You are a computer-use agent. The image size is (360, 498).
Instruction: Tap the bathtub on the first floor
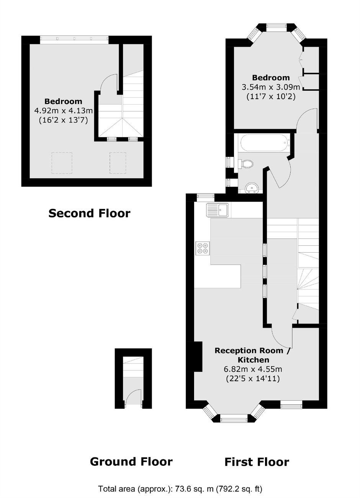click(265, 142)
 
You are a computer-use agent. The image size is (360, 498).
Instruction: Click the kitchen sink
click(217, 210)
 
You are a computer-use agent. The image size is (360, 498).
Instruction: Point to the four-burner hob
click(203, 248)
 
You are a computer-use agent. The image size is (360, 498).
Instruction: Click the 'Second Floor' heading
click(89, 213)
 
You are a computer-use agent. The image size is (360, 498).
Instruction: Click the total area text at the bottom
click(180, 489)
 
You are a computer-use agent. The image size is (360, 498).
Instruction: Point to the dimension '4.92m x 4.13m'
click(64, 110)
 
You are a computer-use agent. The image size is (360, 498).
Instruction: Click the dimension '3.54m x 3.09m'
click(271, 87)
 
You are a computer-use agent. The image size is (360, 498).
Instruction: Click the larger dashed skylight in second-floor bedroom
click(62, 163)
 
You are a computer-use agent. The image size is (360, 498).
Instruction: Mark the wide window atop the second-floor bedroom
click(74, 38)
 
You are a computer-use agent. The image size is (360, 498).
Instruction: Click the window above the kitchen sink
click(206, 196)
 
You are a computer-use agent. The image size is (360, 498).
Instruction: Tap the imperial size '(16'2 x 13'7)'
click(64, 120)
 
